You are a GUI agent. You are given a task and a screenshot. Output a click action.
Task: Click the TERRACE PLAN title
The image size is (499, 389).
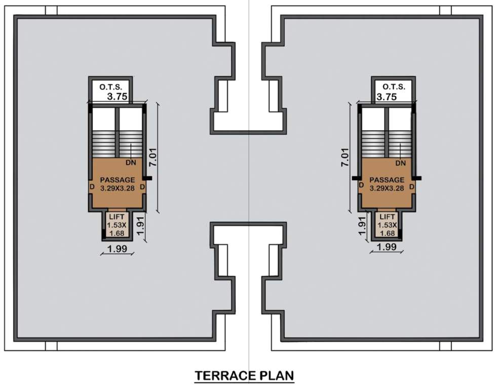245,376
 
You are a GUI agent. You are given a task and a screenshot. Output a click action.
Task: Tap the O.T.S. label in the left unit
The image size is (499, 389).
109,87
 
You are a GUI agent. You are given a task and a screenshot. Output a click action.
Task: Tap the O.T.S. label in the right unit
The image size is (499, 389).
394,87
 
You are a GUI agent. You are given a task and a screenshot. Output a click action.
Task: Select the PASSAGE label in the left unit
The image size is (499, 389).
118,180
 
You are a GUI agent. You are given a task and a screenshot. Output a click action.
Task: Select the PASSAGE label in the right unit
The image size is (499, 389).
387,180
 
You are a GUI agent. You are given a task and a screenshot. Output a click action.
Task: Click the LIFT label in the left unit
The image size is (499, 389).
117,217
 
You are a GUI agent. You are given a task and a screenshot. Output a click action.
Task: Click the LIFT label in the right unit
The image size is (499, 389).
388,217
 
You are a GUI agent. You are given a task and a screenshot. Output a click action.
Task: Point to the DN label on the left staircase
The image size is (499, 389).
131,163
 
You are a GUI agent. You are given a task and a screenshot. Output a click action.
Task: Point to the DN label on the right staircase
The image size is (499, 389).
401,163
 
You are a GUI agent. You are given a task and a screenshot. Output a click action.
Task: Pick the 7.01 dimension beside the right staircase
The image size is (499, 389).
346,158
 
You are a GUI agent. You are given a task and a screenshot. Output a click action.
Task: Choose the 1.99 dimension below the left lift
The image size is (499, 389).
117,248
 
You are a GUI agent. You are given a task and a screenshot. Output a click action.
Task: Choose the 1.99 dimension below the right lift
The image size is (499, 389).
387,247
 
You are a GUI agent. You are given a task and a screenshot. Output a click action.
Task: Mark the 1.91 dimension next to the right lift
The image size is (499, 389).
362,225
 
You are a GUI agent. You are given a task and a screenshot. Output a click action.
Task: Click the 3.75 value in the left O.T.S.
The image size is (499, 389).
117,97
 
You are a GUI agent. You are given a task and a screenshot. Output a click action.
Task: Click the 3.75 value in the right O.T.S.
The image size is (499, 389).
387,97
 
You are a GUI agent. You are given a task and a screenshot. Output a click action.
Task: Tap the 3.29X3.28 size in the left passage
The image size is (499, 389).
118,188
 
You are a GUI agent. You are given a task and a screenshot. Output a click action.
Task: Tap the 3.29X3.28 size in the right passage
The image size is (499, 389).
387,188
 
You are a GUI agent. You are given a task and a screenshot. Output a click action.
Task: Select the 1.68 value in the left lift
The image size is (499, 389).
117,233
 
